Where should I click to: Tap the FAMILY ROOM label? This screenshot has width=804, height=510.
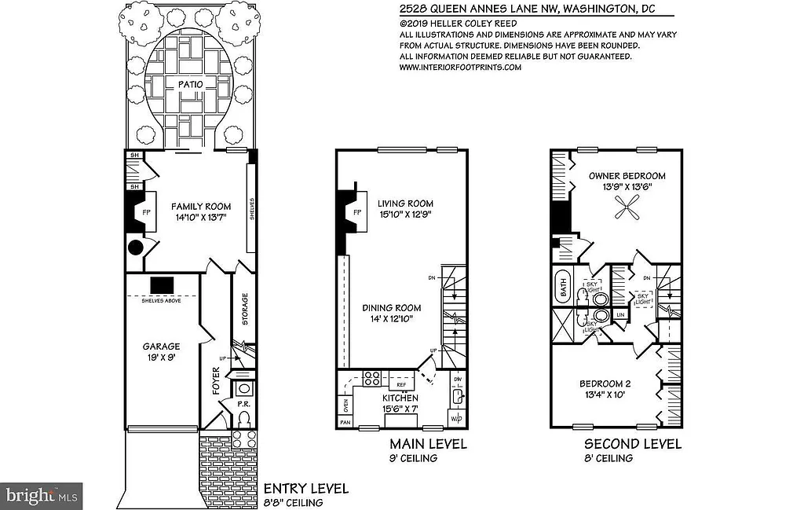point(201,207)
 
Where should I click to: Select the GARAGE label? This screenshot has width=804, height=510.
point(161,346)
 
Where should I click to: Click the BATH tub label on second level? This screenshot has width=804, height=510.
point(562,287)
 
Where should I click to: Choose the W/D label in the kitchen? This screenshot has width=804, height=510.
point(456,419)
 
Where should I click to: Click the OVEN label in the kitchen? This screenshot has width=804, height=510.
point(344,405)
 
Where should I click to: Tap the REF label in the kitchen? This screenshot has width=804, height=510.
point(390,385)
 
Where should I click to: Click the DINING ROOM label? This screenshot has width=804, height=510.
point(392,308)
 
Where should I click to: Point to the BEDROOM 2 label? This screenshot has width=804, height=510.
point(605,383)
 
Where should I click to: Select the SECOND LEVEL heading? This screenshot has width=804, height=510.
point(632,445)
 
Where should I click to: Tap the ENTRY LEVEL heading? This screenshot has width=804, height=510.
point(305,489)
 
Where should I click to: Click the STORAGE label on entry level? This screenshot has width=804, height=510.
point(244,309)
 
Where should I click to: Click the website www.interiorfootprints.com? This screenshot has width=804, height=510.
point(460,68)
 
